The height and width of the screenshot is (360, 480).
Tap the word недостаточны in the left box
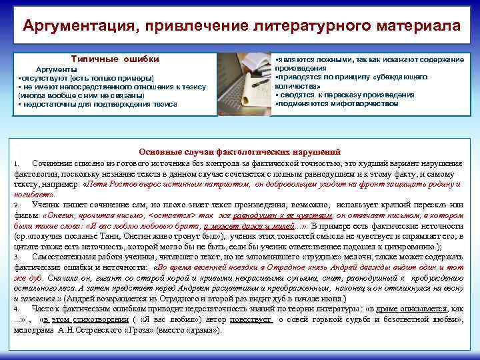coord(50,104)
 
